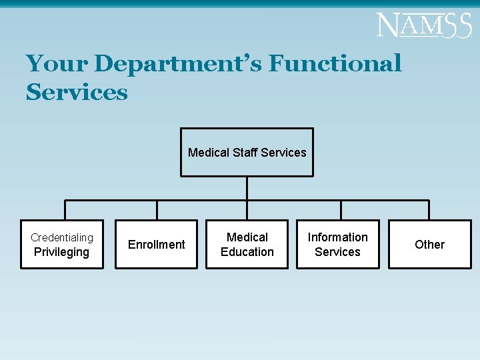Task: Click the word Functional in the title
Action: [335, 64]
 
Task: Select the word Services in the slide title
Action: [77, 92]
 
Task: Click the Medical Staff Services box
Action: [247, 152]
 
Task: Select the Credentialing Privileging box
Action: [62, 245]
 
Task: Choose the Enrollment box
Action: [157, 245]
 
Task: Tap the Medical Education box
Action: [247, 245]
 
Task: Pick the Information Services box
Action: [338, 245]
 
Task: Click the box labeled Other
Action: [429, 245]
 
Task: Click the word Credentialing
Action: [62, 237]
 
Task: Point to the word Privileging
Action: [61, 252]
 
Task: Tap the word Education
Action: [247, 252]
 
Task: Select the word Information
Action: [337, 237]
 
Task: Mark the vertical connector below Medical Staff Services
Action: [247, 188]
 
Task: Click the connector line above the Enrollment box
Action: [157, 210]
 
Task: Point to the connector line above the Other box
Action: [429, 210]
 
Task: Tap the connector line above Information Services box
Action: [341, 210]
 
